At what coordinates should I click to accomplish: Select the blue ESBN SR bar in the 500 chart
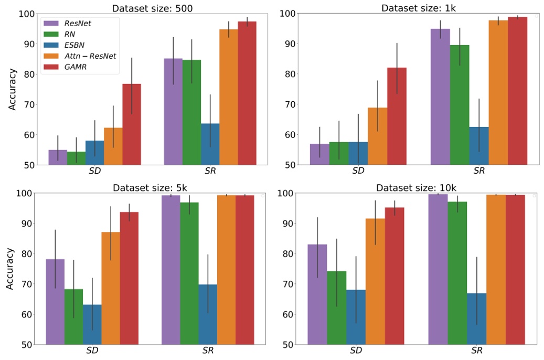[210, 144]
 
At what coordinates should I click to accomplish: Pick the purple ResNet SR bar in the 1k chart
[440, 97]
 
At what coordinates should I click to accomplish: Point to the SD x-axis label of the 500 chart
[95, 171]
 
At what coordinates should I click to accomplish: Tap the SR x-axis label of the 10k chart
[477, 351]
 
